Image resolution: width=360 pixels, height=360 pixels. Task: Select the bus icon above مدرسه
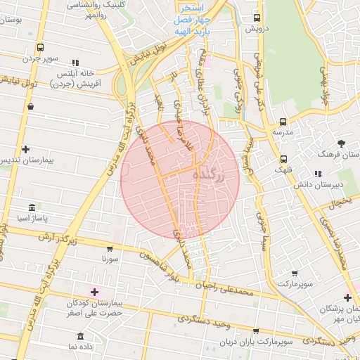click(283, 121)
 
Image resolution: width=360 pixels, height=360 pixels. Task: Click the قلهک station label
click(283, 171)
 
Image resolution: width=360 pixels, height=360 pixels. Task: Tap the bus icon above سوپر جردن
click(41, 48)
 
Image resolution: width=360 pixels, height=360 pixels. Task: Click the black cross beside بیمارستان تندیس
click(26, 149)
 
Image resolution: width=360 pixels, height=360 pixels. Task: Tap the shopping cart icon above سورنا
click(110, 248)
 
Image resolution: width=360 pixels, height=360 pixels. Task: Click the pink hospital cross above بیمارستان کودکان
click(94, 291)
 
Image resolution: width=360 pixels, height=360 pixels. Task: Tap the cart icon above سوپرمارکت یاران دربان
click(256, 330)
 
